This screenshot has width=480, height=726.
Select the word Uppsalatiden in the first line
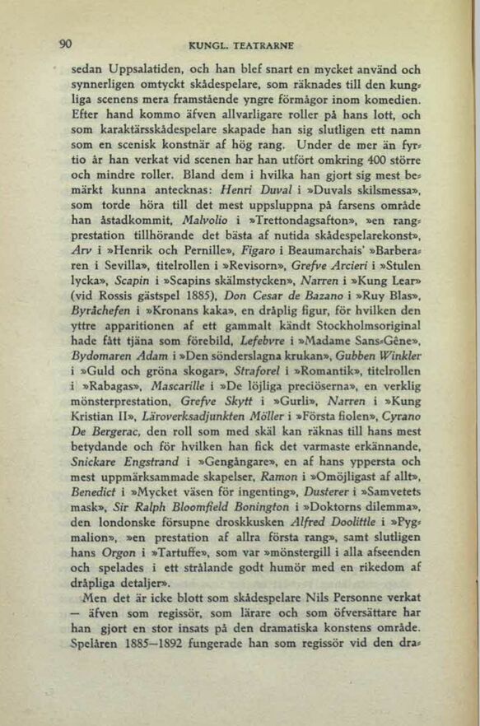(145, 70)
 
